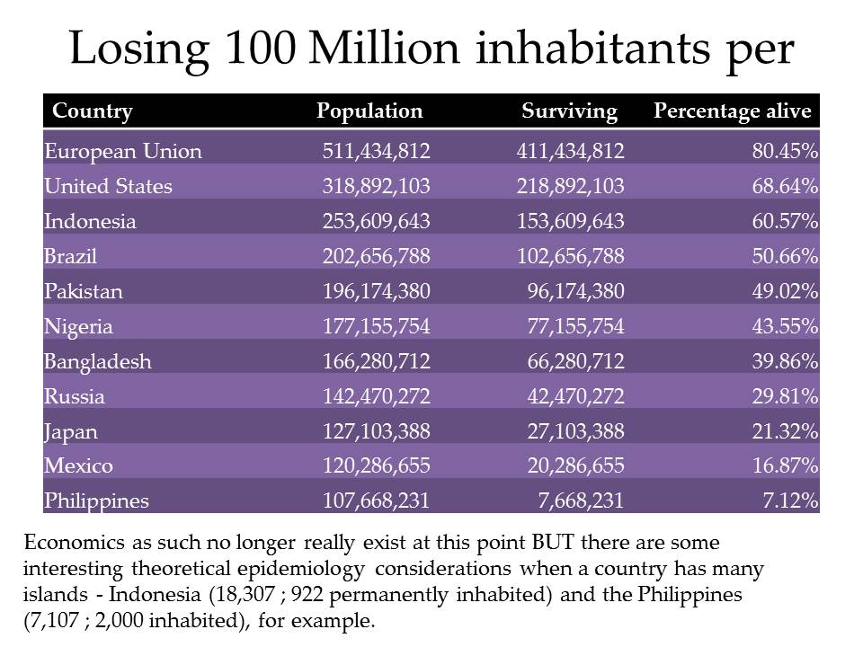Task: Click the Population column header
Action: (369, 111)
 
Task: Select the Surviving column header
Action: (569, 111)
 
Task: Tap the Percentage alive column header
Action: (732, 111)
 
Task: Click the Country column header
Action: (93, 111)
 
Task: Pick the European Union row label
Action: (123, 151)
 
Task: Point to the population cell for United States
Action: (376, 186)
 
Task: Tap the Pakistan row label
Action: (84, 291)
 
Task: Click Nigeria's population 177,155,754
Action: (376, 326)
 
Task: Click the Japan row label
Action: (71, 431)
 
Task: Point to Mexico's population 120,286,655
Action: (376, 466)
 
